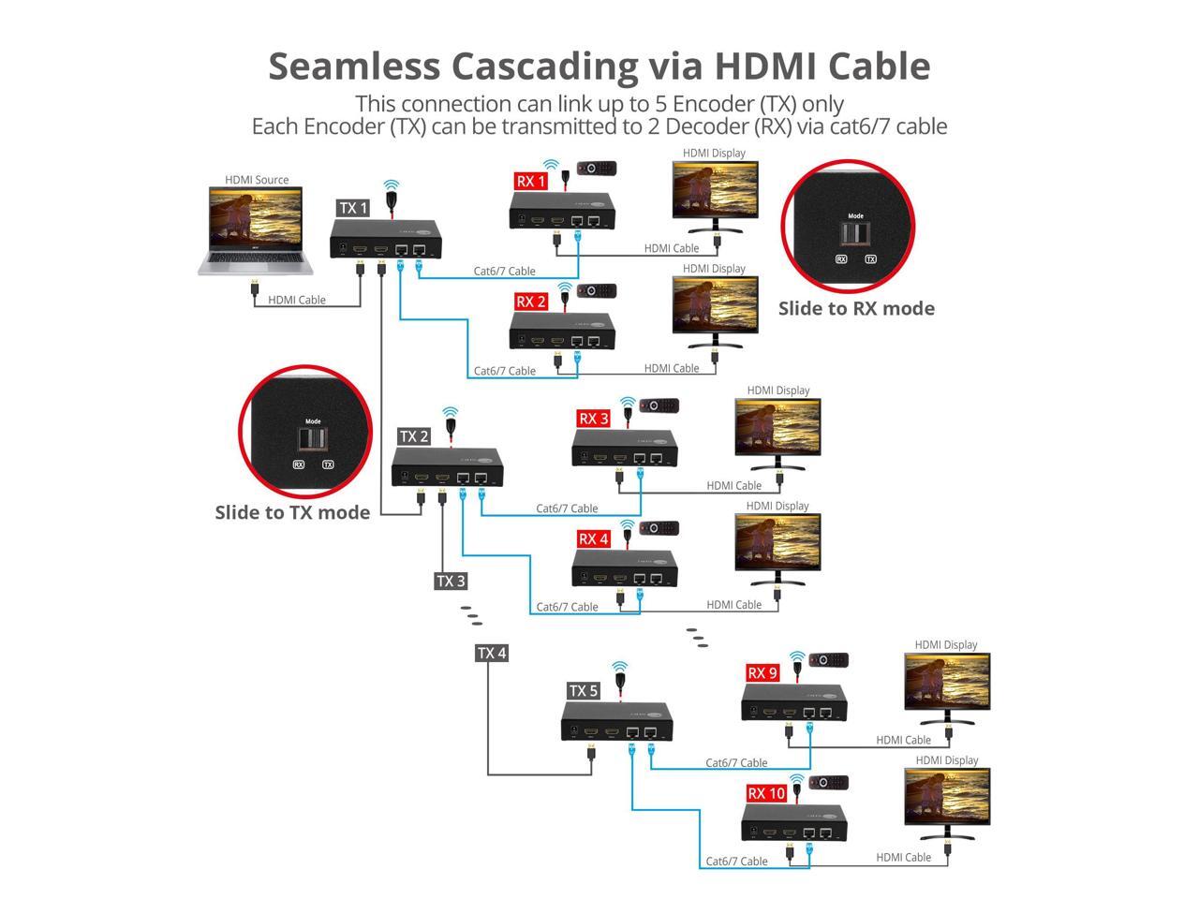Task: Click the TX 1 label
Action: [x=353, y=208]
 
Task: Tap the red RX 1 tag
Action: [x=531, y=181]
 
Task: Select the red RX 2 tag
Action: [x=531, y=302]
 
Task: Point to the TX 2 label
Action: [x=414, y=436]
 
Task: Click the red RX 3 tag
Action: [x=593, y=419]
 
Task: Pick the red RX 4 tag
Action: [x=593, y=538]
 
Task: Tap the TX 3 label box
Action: [x=451, y=581]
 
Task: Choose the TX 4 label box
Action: [x=492, y=653]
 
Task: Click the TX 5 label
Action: [x=583, y=691]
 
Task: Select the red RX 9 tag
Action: [x=762, y=672]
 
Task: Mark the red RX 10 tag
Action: [x=766, y=793]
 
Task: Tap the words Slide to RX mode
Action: [x=856, y=308]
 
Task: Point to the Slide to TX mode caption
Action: [x=292, y=512]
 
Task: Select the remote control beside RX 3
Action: [x=659, y=406]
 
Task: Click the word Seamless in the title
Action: [x=353, y=66]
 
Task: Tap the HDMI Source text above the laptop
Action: [x=257, y=180]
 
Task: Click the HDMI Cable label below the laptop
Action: [x=297, y=300]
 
